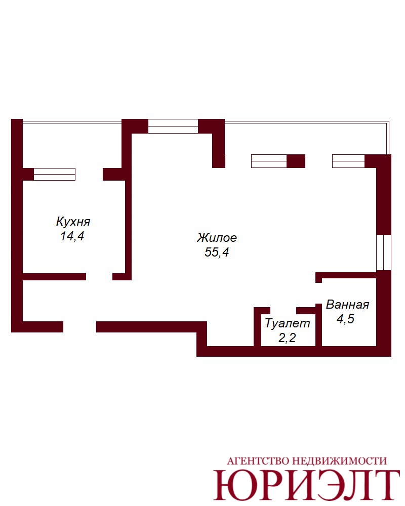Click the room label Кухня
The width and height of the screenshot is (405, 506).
click(x=73, y=222)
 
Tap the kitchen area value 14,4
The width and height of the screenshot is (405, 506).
click(x=72, y=236)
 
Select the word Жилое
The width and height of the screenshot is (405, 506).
click(x=217, y=237)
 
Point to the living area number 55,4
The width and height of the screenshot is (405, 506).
click(x=217, y=252)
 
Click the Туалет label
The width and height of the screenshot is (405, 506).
click(x=288, y=323)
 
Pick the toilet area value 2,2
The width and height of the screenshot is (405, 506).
click(x=287, y=338)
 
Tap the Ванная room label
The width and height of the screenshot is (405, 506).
click(x=347, y=304)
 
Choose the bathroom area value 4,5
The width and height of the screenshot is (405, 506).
click(x=346, y=319)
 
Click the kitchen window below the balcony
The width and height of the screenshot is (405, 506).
click(x=55, y=174)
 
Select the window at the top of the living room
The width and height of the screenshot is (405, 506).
click(x=173, y=126)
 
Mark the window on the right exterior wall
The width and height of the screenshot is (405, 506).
click(x=384, y=252)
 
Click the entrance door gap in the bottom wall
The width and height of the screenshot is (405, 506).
click(x=80, y=326)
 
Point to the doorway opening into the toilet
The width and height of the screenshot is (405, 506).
click(x=283, y=311)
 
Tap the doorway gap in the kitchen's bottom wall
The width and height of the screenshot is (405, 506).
click(x=99, y=277)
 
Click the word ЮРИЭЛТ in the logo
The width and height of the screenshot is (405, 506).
click(x=307, y=484)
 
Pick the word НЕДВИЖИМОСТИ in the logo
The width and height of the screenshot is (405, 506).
click(x=339, y=461)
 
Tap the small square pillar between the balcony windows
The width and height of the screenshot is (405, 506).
click(x=296, y=161)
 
